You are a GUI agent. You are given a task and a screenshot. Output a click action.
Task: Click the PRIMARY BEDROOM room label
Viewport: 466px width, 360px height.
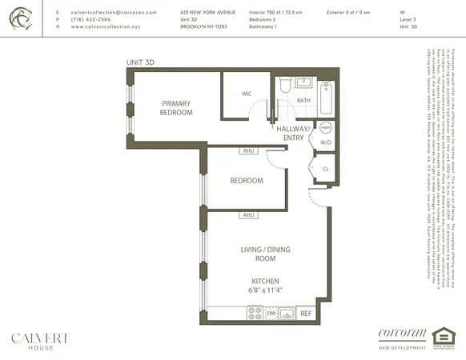(x=176, y=108)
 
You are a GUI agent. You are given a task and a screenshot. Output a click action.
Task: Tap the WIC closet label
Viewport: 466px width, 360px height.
(x=247, y=94)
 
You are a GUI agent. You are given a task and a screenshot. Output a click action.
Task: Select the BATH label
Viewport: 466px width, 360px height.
(x=303, y=101)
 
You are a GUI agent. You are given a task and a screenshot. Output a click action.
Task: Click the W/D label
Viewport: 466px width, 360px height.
(x=326, y=143)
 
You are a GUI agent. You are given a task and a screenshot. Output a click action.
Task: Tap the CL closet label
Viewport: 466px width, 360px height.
(x=325, y=170)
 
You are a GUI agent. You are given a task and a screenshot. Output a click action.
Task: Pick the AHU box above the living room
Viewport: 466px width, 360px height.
(x=248, y=214)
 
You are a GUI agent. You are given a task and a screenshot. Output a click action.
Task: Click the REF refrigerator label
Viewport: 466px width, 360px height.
(x=305, y=314)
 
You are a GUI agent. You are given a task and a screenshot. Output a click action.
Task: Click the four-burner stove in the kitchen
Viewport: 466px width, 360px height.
(x=255, y=314)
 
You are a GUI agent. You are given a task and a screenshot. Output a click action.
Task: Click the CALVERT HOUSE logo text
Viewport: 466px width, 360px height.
(x=39, y=339)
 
